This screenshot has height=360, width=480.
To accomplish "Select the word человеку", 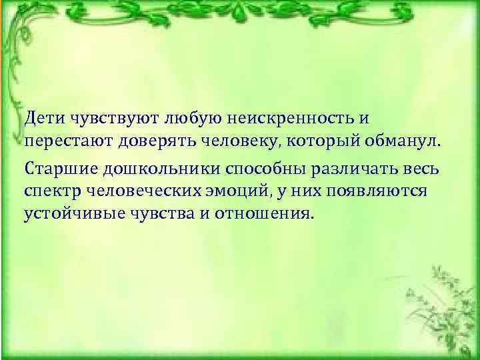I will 231,142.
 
